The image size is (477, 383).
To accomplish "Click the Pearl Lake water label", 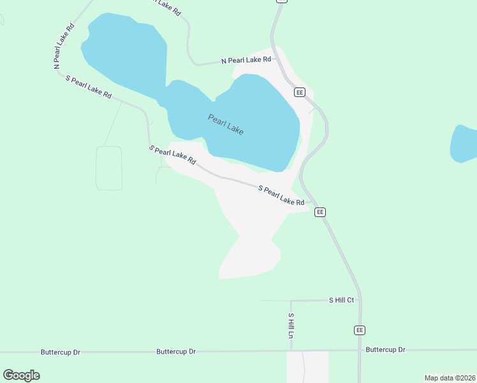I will (226, 124).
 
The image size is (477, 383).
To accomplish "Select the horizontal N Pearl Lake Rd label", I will (246, 60).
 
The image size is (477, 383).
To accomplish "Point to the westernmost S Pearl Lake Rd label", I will (89, 86).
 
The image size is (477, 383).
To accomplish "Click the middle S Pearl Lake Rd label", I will (172, 155).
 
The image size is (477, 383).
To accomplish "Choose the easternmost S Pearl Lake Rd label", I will (281, 195).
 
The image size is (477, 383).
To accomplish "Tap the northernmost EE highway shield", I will (300, 93).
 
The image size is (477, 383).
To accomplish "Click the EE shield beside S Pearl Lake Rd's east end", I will (320, 212).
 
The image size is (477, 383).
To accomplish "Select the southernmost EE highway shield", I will (360, 330).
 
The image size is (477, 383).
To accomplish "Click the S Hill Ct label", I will (341, 299).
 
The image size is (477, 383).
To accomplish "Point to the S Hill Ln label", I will (291, 326).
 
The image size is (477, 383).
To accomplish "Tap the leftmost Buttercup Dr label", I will (60, 352).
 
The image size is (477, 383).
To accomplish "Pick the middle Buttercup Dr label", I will (176, 352).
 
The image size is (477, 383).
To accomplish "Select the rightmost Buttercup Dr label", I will (385, 350).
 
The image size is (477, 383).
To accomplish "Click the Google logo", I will (21, 375).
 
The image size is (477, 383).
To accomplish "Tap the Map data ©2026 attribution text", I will (450, 378).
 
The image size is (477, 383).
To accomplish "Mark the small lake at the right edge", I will (464, 144).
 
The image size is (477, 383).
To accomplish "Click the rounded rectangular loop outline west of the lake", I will (109, 168).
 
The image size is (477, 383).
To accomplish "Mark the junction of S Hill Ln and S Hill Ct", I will (291, 301).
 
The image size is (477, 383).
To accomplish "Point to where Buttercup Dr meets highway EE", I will (360, 350).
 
